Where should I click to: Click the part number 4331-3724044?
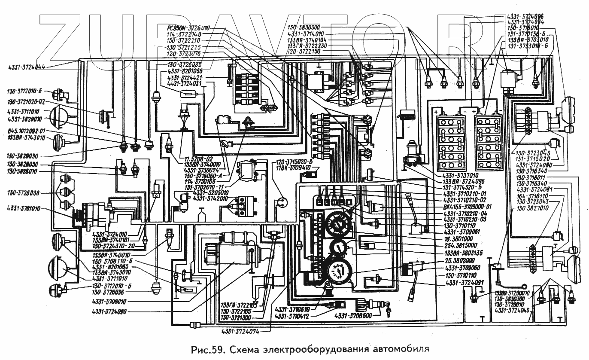pyautogui.click(x=27, y=67)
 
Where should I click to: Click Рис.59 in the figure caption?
pyautogui.click(x=207, y=348)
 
